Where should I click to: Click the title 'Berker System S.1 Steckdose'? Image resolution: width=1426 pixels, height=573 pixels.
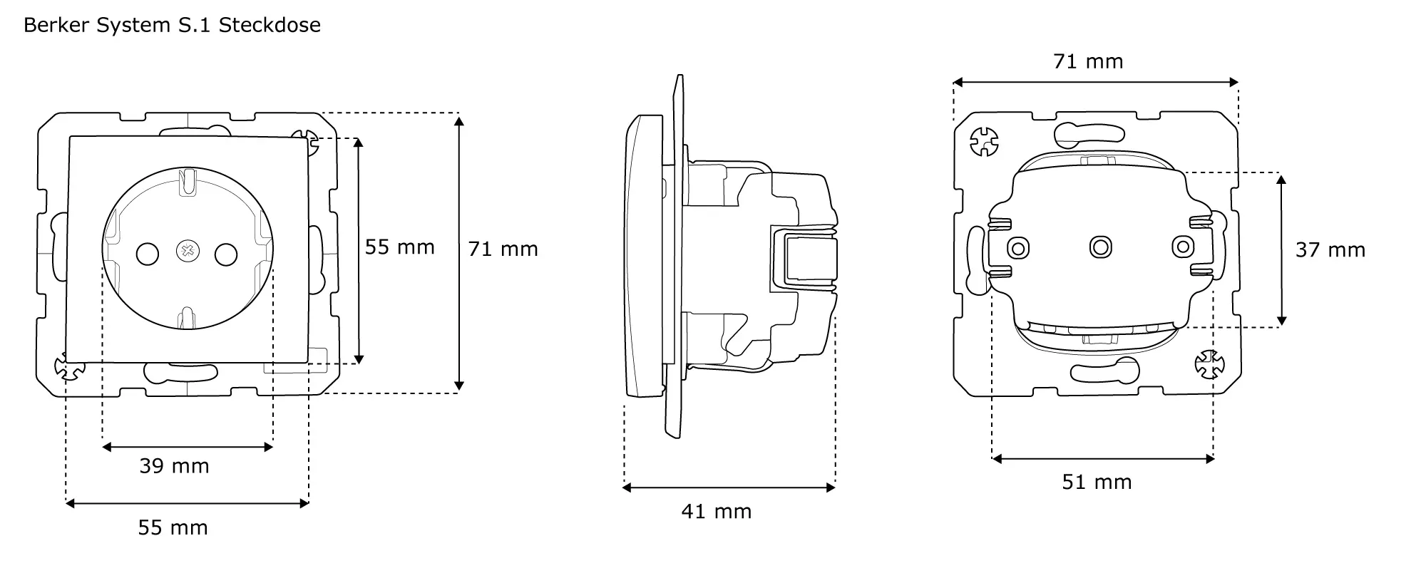tap(172, 26)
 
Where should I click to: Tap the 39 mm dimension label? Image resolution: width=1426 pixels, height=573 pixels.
tap(174, 466)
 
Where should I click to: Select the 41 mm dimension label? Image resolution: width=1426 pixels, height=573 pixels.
tap(716, 512)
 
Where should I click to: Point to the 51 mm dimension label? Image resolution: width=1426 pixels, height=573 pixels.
tap(1097, 482)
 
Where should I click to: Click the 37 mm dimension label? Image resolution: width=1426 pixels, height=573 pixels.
tap(1330, 250)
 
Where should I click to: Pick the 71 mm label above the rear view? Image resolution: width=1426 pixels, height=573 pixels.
tap(1088, 62)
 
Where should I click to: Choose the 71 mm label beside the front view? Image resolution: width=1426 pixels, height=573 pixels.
tap(503, 249)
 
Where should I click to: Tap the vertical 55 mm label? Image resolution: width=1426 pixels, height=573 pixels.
tap(399, 247)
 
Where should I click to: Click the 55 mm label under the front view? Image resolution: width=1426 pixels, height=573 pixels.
tap(173, 528)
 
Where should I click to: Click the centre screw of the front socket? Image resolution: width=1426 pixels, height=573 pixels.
tap(188, 251)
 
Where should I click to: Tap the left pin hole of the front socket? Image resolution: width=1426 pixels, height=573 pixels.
tap(148, 253)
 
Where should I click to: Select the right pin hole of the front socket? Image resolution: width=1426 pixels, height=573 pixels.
tap(226, 253)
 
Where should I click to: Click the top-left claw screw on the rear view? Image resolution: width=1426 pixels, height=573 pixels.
tap(985, 141)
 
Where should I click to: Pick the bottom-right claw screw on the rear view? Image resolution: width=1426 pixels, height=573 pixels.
tap(1209, 364)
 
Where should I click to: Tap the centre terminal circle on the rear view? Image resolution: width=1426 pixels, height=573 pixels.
tap(1100, 247)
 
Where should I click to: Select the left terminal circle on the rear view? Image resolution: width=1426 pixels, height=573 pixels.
tap(1017, 248)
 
